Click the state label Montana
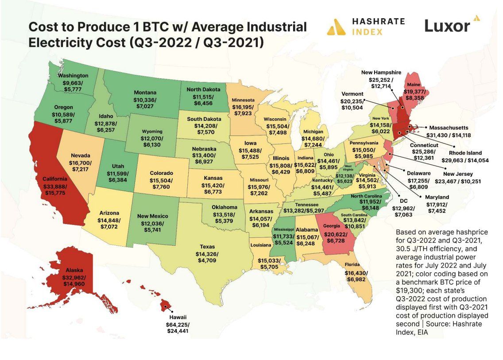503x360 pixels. tap(145, 93)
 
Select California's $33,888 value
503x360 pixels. tap(54, 186)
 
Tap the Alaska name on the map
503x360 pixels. tap(74, 270)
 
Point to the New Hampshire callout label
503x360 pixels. tap(381, 72)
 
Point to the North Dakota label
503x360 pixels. tap(203, 89)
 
